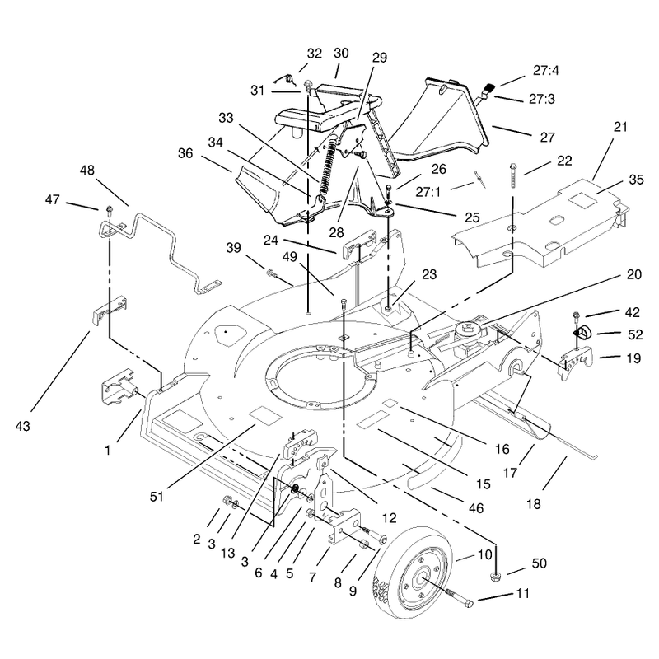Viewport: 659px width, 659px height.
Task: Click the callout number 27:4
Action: pyautogui.click(x=545, y=71)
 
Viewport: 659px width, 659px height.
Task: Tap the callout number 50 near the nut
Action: pyautogui.click(x=540, y=563)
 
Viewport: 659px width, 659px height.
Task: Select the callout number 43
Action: pyautogui.click(x=23, y=426)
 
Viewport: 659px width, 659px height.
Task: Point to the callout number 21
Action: pyautogui.click(x=620, y=127)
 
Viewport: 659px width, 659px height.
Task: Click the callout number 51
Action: pyautogui.click(x=157, y=497)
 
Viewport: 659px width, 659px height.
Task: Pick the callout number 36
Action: pyautogui.click(x=185, y=153)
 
